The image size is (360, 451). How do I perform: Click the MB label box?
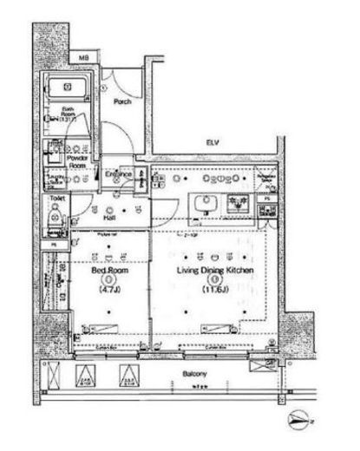tap(84, 59)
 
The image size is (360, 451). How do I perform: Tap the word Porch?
tap(122, 101)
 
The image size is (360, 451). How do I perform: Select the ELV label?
tap(211, 141)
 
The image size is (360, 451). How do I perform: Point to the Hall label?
tap(111, 218)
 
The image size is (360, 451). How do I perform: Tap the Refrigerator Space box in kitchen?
tap(268, 181)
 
